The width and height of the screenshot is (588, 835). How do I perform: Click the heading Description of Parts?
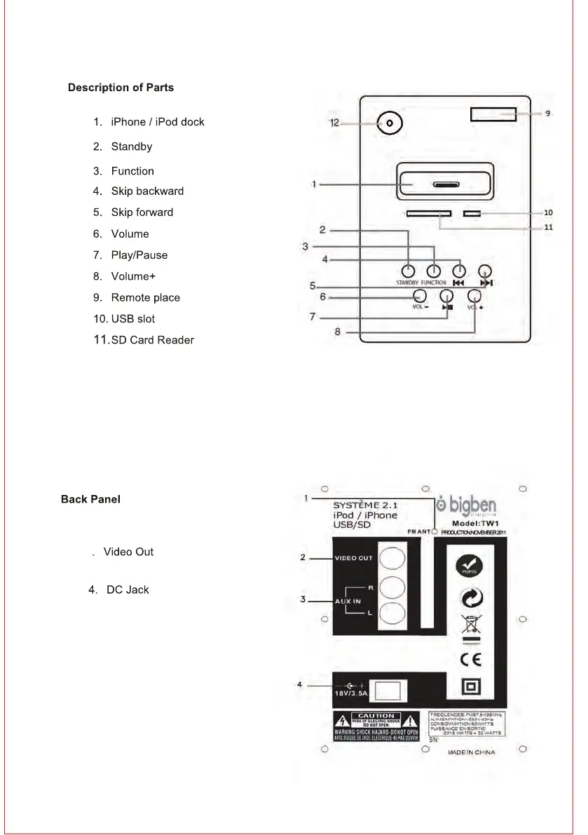pos(121,88)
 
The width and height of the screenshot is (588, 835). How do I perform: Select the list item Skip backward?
pos(146,191)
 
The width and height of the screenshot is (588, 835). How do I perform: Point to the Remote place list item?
pos(145,298)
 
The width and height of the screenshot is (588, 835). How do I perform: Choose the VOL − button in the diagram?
pos(420,297)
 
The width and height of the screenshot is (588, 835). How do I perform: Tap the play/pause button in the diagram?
pos(447,297)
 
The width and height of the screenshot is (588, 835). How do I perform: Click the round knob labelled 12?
pos(390,124)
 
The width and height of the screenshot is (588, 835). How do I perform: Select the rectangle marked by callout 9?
pos(493,114)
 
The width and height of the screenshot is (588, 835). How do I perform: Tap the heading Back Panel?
pos(90,500)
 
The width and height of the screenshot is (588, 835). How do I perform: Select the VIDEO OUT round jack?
pos(393,559)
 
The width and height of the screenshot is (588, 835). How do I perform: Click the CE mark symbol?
pos(470,660)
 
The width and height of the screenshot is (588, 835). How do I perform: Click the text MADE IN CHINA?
pos(471,752)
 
